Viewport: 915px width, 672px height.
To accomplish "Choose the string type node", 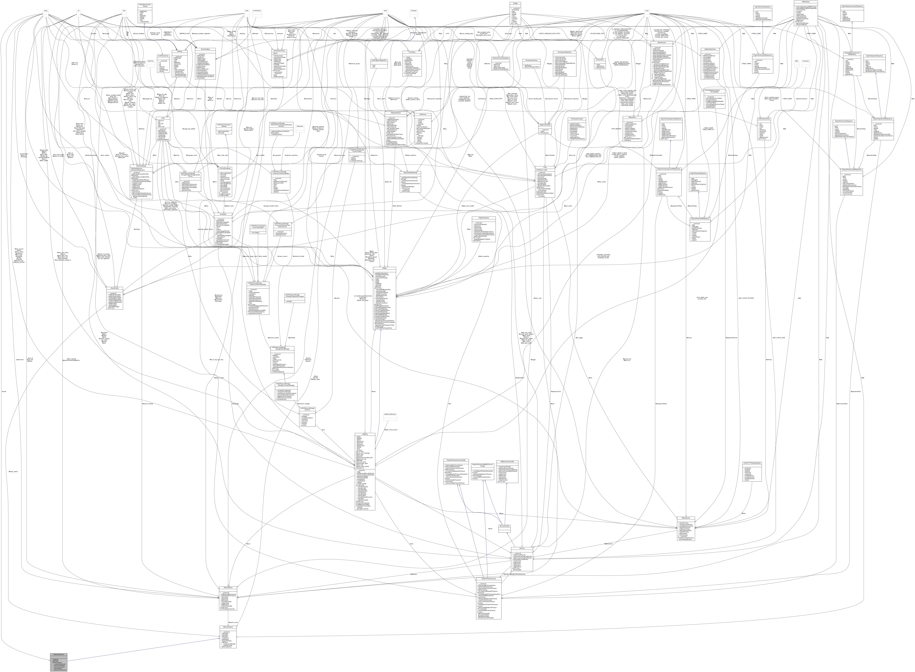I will pyautogui.click(x=46, y=11).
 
